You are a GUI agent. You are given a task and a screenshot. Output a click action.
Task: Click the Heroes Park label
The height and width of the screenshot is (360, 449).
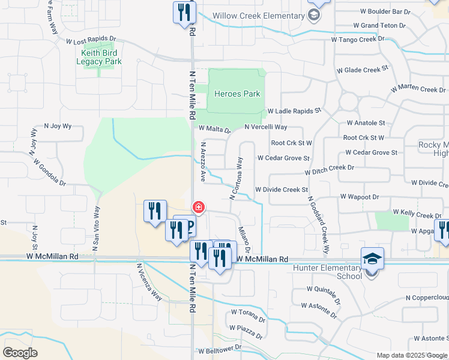(x=238, y=94)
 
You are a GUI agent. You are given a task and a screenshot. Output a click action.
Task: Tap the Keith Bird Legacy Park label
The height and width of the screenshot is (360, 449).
(x=101, y=57)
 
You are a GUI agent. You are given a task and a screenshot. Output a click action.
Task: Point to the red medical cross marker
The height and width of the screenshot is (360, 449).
(x=197, y=208)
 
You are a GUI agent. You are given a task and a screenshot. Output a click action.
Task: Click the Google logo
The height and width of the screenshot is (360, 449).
(x=20, y=353)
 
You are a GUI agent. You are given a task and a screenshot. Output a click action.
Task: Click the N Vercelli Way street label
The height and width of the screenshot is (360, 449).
(x=266, y=127)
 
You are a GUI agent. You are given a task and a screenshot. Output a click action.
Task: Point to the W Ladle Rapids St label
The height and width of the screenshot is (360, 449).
(x=295, y=111)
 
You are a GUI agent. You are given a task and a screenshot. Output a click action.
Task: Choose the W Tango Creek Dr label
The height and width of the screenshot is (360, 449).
(x=358, y=40)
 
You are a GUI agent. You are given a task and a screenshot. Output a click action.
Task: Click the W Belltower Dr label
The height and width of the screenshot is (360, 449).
(x=220, y=347)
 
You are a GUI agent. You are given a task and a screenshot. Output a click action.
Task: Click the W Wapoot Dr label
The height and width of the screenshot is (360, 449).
(x=360, y=196)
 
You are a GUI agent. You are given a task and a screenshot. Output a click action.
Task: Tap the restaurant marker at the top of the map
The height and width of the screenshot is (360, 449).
(x=184, y=12)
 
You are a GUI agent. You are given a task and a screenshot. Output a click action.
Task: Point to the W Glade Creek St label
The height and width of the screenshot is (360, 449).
(x=363, y=70)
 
